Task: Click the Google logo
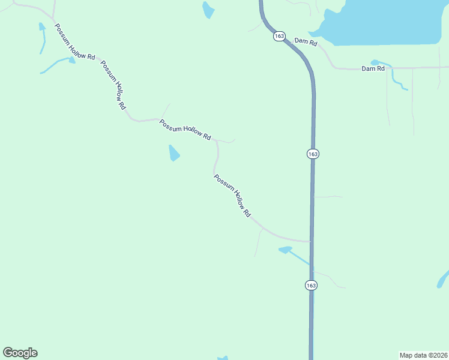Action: tap(20, 353)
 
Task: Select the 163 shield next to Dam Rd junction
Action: tap(279, 37)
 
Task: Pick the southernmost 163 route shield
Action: tap(310, 286)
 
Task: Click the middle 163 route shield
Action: tap(312, 154)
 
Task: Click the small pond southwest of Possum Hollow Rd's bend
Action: tap(173, 154)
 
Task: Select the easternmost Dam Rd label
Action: tap(373, 69)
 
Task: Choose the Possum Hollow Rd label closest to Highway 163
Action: tap(232, 196)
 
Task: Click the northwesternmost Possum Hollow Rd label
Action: tap(75, 41)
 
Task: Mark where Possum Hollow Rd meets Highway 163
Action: tap(311, 241)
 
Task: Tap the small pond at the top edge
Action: tap(208, 9)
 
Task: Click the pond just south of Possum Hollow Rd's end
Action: tap(286, 249)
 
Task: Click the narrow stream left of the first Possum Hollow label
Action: tap(42, 36)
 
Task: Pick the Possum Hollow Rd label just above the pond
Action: tap(185, 130)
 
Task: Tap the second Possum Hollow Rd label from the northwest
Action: tap(113, 85)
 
